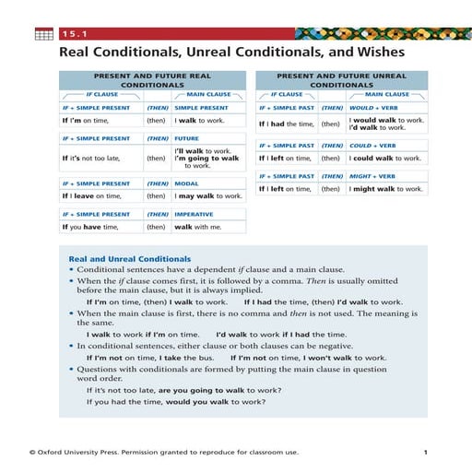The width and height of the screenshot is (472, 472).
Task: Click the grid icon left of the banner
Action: click(x=43, y=34)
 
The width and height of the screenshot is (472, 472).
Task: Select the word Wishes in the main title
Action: click(x=375, y=53)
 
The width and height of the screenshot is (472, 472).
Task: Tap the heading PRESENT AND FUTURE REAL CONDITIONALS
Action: click(x=153, y=79)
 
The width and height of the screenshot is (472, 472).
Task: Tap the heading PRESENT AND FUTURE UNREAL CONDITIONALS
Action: click(x=341, y=79)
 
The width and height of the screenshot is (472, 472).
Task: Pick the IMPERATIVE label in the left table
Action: click(x=194, y=214)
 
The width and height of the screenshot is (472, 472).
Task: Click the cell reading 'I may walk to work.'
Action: click(x=208, y=195)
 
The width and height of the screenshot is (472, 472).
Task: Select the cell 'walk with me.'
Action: click(x=198, y=227)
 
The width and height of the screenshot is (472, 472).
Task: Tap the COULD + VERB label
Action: click(x=372, y=146)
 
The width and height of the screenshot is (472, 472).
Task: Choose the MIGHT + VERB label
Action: click(x=372, y=176)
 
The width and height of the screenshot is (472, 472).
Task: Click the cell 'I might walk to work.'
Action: click(x=386, y=189)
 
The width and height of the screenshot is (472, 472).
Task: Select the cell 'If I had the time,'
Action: click(x=286, y=124)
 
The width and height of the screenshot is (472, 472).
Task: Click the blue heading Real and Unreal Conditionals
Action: click(x=130, y=259)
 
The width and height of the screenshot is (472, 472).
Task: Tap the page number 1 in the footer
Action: click(x=425, y=453)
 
